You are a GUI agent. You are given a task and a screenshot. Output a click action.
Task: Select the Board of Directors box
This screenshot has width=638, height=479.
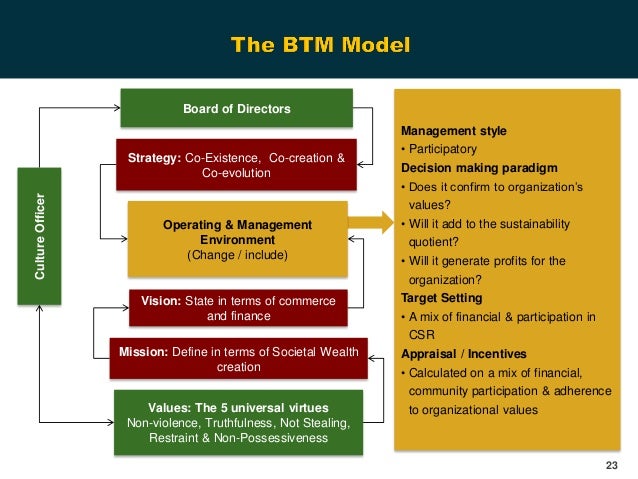pos(236,108)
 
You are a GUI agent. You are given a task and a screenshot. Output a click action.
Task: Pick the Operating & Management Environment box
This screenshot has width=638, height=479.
pos(237,239)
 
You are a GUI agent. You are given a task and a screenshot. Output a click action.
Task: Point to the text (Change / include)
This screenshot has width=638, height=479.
pos(237,255)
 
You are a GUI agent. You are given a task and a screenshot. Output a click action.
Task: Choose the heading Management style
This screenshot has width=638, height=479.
pos(453,131)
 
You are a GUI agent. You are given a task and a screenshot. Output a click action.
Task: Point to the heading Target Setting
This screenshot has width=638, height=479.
pos(441,298)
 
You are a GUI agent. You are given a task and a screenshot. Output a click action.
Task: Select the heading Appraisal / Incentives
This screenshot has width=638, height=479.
pos(463,354)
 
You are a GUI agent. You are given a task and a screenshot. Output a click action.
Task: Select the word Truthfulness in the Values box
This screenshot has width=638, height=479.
pos(231,423)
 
